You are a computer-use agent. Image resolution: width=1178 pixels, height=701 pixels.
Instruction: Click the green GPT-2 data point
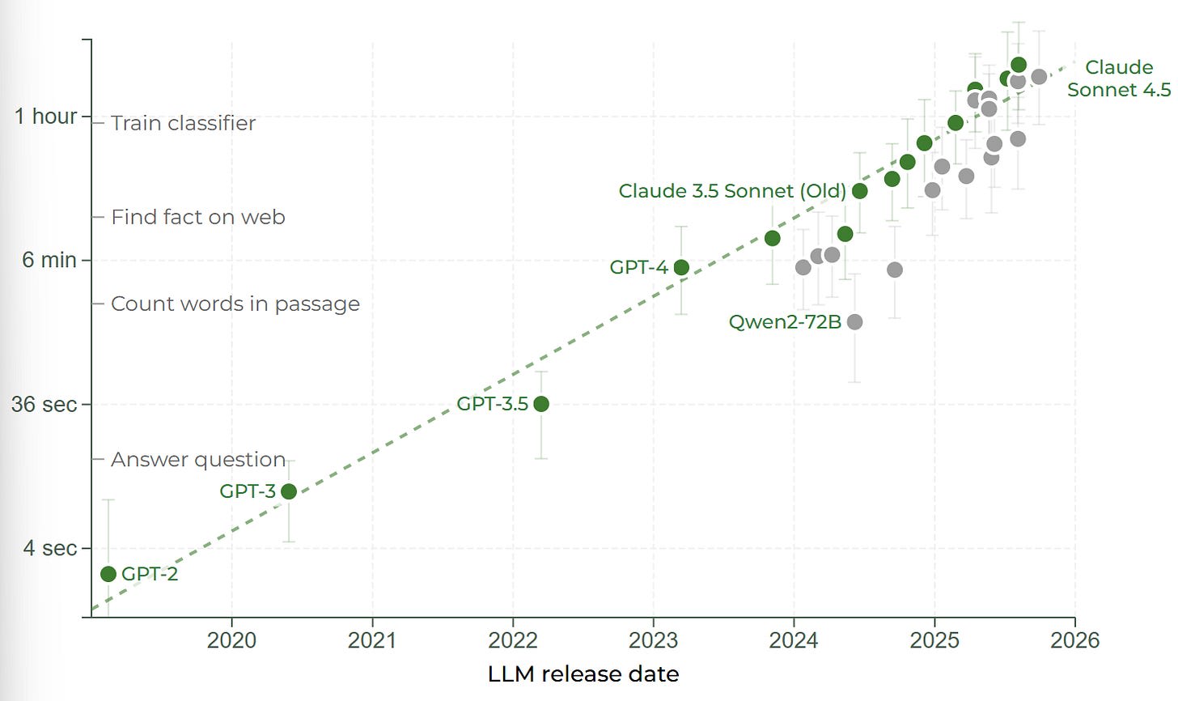click(108, 574)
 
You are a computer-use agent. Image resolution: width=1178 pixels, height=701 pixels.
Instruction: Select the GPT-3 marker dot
click(288, 491)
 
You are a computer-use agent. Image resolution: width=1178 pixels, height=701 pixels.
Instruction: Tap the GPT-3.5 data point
click(541, 404)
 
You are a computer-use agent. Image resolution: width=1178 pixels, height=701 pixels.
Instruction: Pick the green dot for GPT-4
click(681, 267)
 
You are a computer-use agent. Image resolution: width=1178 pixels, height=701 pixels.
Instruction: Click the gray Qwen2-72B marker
click(854, 322)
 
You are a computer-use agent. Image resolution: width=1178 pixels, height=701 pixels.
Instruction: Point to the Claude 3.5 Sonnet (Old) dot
click(860, 191)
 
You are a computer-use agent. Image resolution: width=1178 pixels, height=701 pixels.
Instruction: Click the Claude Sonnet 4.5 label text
click(1118, 79)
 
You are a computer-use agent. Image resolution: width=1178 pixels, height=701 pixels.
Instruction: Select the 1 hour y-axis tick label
click(45, 117)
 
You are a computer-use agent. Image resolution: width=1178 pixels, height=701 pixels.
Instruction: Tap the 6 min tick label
click(49, 260)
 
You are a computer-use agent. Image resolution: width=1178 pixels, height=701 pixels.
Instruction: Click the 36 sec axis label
click(44, 404)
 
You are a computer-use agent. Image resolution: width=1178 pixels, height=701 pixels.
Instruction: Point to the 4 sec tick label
click(49, 548)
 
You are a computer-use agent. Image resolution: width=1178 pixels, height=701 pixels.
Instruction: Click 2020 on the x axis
click(231, 640)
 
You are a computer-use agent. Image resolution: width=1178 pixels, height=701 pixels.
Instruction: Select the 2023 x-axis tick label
click(653, 640)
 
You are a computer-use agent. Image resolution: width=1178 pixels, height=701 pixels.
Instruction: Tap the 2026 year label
click(1074, 640)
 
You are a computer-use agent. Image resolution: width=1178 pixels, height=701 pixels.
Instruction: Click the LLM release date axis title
click(583, 674)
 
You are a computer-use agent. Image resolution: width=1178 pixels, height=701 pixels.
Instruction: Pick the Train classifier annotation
click(183, 123)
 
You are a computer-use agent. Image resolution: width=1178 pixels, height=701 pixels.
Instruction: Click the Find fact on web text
click(197, 217)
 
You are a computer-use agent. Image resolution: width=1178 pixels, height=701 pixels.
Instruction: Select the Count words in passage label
click(235, 304)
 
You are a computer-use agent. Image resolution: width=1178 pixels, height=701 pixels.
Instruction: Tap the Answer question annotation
click(198, 460)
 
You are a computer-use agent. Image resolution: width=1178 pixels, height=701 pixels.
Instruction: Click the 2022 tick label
click(512, 640)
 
